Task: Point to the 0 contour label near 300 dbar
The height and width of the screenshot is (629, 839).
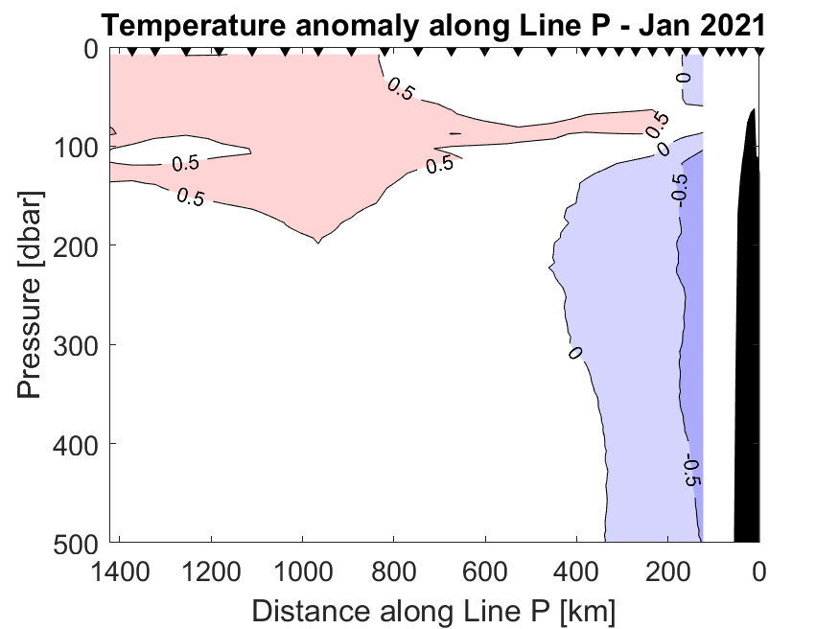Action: (x=574, y=353)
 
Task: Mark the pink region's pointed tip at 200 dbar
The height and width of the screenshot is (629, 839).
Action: (x=316, y=241)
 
